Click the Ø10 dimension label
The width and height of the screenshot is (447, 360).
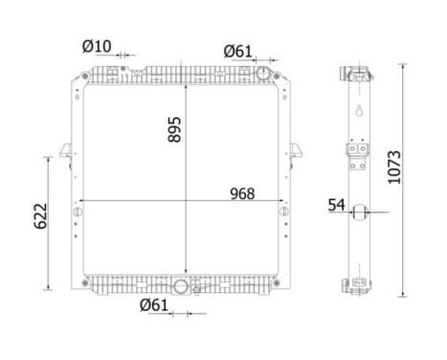point(98,45)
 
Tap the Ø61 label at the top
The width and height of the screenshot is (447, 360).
point(237,51)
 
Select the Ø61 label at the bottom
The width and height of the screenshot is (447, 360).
point(156,305)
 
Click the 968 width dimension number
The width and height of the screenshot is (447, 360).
point(241,193)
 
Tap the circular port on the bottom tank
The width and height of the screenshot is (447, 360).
point(181,285)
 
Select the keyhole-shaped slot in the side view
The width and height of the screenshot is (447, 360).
point(360,113)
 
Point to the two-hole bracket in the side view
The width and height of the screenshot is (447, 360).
point(358,153)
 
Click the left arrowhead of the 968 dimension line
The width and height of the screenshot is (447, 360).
point(81,202)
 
